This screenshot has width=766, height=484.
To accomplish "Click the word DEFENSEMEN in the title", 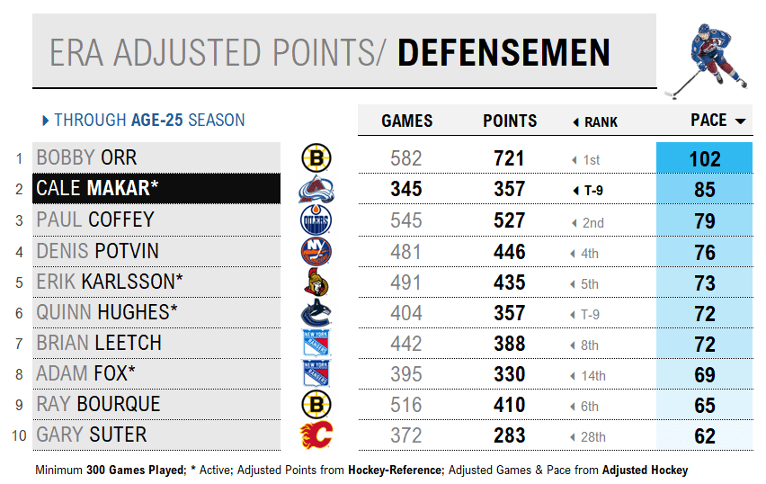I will (503, 53).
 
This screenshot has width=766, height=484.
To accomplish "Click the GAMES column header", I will (406, 121).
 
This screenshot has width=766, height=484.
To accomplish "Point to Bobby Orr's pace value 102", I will (705, 159).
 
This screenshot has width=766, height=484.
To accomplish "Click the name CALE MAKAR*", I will (97, 189).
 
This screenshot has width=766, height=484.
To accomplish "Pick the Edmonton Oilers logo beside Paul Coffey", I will (316, 220).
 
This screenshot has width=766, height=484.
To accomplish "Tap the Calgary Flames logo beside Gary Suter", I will (316, 435).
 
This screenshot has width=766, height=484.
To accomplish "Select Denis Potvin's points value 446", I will (509, 252).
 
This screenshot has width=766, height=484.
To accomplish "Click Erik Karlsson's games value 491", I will (406, 282).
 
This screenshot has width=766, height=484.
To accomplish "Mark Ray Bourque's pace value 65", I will (705, 405).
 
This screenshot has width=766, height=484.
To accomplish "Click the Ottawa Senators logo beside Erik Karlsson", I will (316, 282).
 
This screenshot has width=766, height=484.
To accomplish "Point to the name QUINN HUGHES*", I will (107, 312).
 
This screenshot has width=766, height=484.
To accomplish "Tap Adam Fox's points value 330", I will (509, 374).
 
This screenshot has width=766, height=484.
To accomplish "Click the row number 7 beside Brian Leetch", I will (18, 344).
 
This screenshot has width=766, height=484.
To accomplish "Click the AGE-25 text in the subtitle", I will (158, 120).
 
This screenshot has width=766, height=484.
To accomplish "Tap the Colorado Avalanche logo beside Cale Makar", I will (316, 190).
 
